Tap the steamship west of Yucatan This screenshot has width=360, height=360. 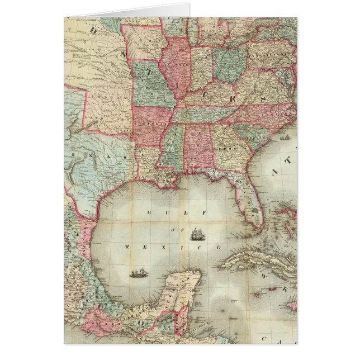137,273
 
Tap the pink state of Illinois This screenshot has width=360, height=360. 175,64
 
